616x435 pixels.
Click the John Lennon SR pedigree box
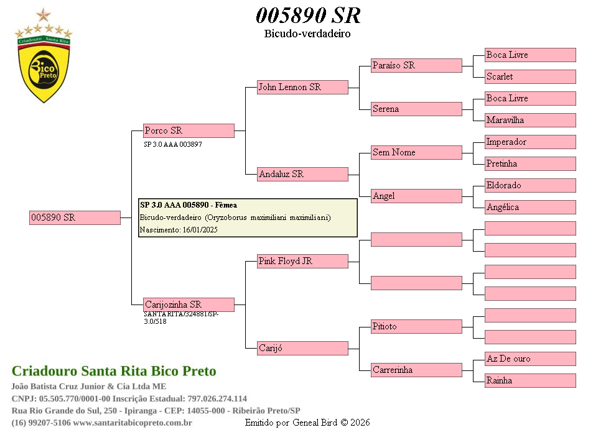[302, 87]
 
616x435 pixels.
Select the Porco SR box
[189, 130]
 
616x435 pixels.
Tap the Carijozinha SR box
[189, 304]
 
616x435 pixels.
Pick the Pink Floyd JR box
[302, 261]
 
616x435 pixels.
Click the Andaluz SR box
[302, 174]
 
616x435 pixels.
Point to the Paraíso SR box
[416, 65]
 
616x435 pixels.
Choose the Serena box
[416, 109]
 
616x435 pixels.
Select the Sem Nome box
[416, 152]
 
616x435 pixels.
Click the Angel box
[416, 196]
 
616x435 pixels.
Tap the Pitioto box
[416, 326]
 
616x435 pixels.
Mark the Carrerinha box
[416, 370]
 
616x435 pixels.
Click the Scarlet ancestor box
[530, 76]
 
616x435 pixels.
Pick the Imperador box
[530, 142]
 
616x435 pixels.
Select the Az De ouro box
[530, 359]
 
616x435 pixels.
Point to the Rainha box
[530, 380]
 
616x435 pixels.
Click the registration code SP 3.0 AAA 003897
[173, 144]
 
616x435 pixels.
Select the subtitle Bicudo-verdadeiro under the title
[307, 34]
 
